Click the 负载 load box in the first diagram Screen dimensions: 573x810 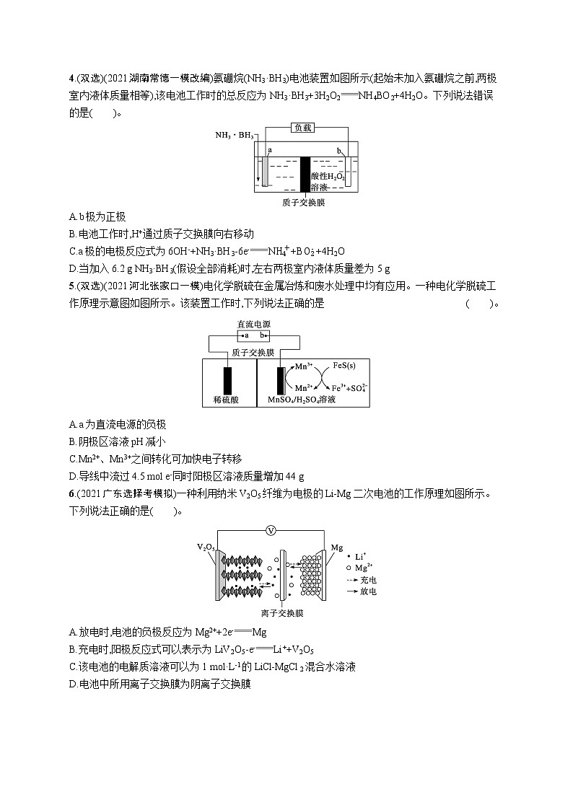[303, 128]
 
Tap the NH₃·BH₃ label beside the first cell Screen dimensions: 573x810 [234, 135]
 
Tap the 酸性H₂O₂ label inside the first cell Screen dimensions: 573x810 [328, 177]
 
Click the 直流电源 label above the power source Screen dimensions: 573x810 [255, 325]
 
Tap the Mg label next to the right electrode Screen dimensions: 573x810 [336, 548]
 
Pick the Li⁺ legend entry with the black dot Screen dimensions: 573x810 [360, 557]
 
